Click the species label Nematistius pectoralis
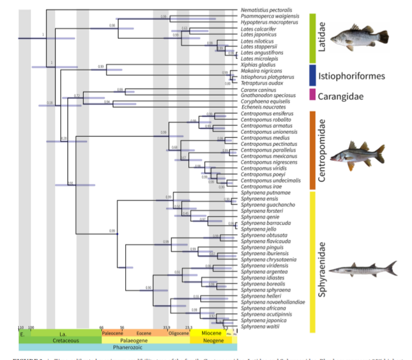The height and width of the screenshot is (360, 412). point(266,10)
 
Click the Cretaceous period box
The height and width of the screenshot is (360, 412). point(60,340)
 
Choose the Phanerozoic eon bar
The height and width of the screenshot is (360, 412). point(128,347)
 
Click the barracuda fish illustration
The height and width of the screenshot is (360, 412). point(366,268)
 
